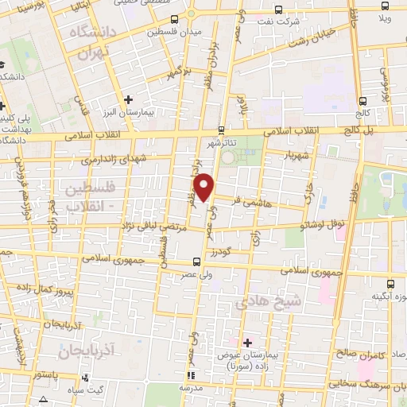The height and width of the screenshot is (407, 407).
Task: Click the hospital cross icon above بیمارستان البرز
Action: click(128, 99)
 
